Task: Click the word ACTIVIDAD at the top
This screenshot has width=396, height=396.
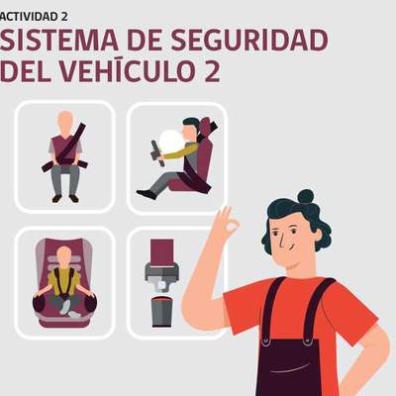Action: click(28, 17)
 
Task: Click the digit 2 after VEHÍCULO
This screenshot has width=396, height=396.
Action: click(212, 71)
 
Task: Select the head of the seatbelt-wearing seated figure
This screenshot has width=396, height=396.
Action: click(65, 122)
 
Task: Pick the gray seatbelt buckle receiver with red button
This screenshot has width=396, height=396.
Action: click(161, 312)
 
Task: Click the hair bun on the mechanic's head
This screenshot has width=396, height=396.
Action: click(305, 197)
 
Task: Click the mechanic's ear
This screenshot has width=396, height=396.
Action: click(317, 234)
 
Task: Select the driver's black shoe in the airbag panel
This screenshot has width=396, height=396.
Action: click(147, 194)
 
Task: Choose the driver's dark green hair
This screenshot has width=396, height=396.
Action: click(191, 125)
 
